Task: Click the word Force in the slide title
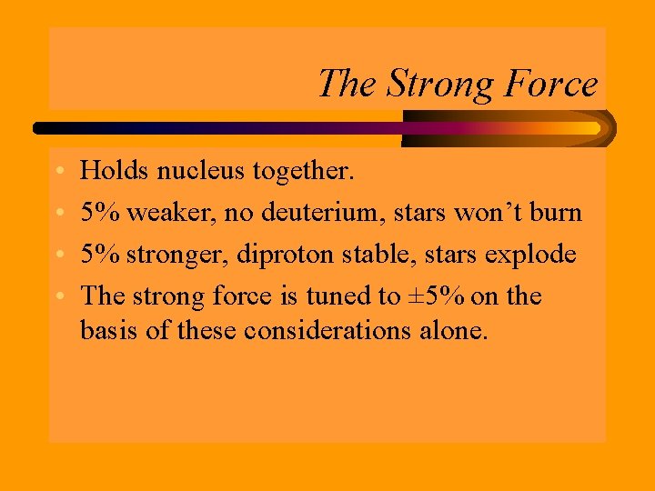tap(551, 84)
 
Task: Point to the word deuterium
tap(309, 212)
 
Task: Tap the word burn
tap(556, 212)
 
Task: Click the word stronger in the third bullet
tap(177, 254)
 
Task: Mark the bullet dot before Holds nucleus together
tap(57, 172)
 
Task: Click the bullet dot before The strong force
tap(57, 297)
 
